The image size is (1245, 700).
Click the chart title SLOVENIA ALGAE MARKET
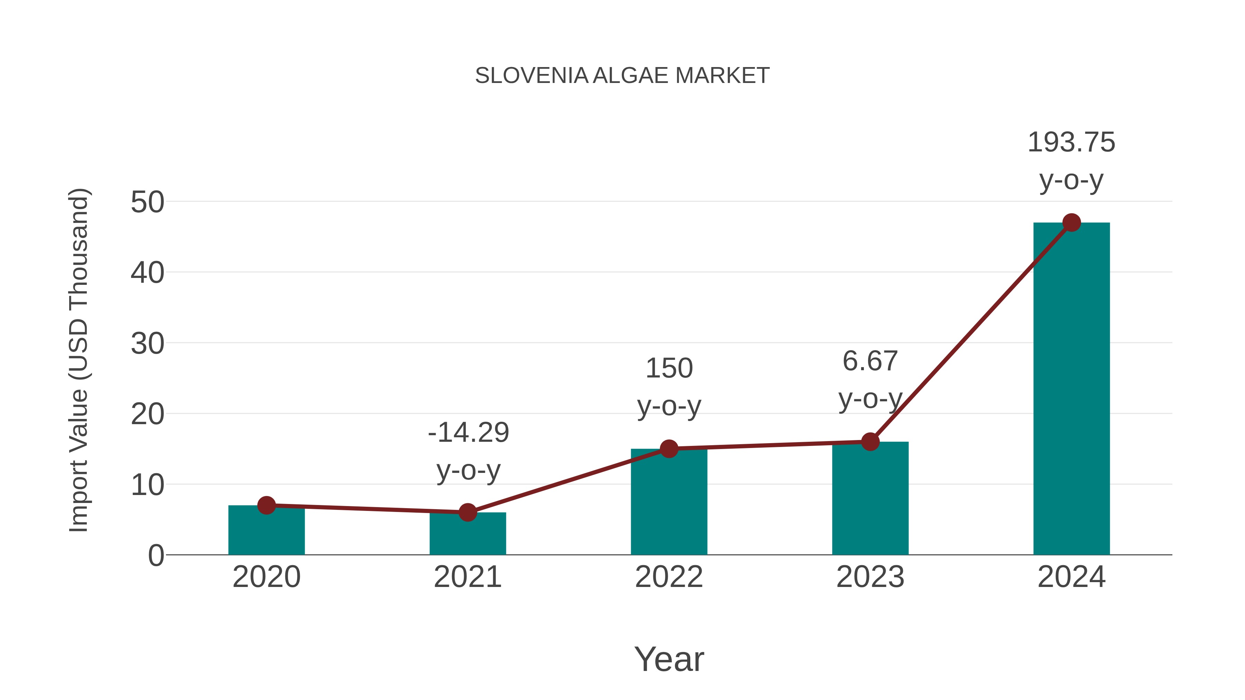[622, 75]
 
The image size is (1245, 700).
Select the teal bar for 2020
[266, 531]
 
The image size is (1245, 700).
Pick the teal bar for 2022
[669, 502]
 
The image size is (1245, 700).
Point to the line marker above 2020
[266, 505]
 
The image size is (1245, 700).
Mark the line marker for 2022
[669, 449]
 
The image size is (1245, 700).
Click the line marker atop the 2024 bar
[1071, 223]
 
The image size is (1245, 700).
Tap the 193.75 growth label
[1071, 142]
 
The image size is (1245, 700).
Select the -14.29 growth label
[468, 432]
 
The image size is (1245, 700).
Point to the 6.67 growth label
[870, 361]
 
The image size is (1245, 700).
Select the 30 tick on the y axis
[147, 344]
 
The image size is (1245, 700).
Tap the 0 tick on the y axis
[156, 555]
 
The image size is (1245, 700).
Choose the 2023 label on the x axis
[870, 577]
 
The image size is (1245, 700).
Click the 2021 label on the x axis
[467, 577]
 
